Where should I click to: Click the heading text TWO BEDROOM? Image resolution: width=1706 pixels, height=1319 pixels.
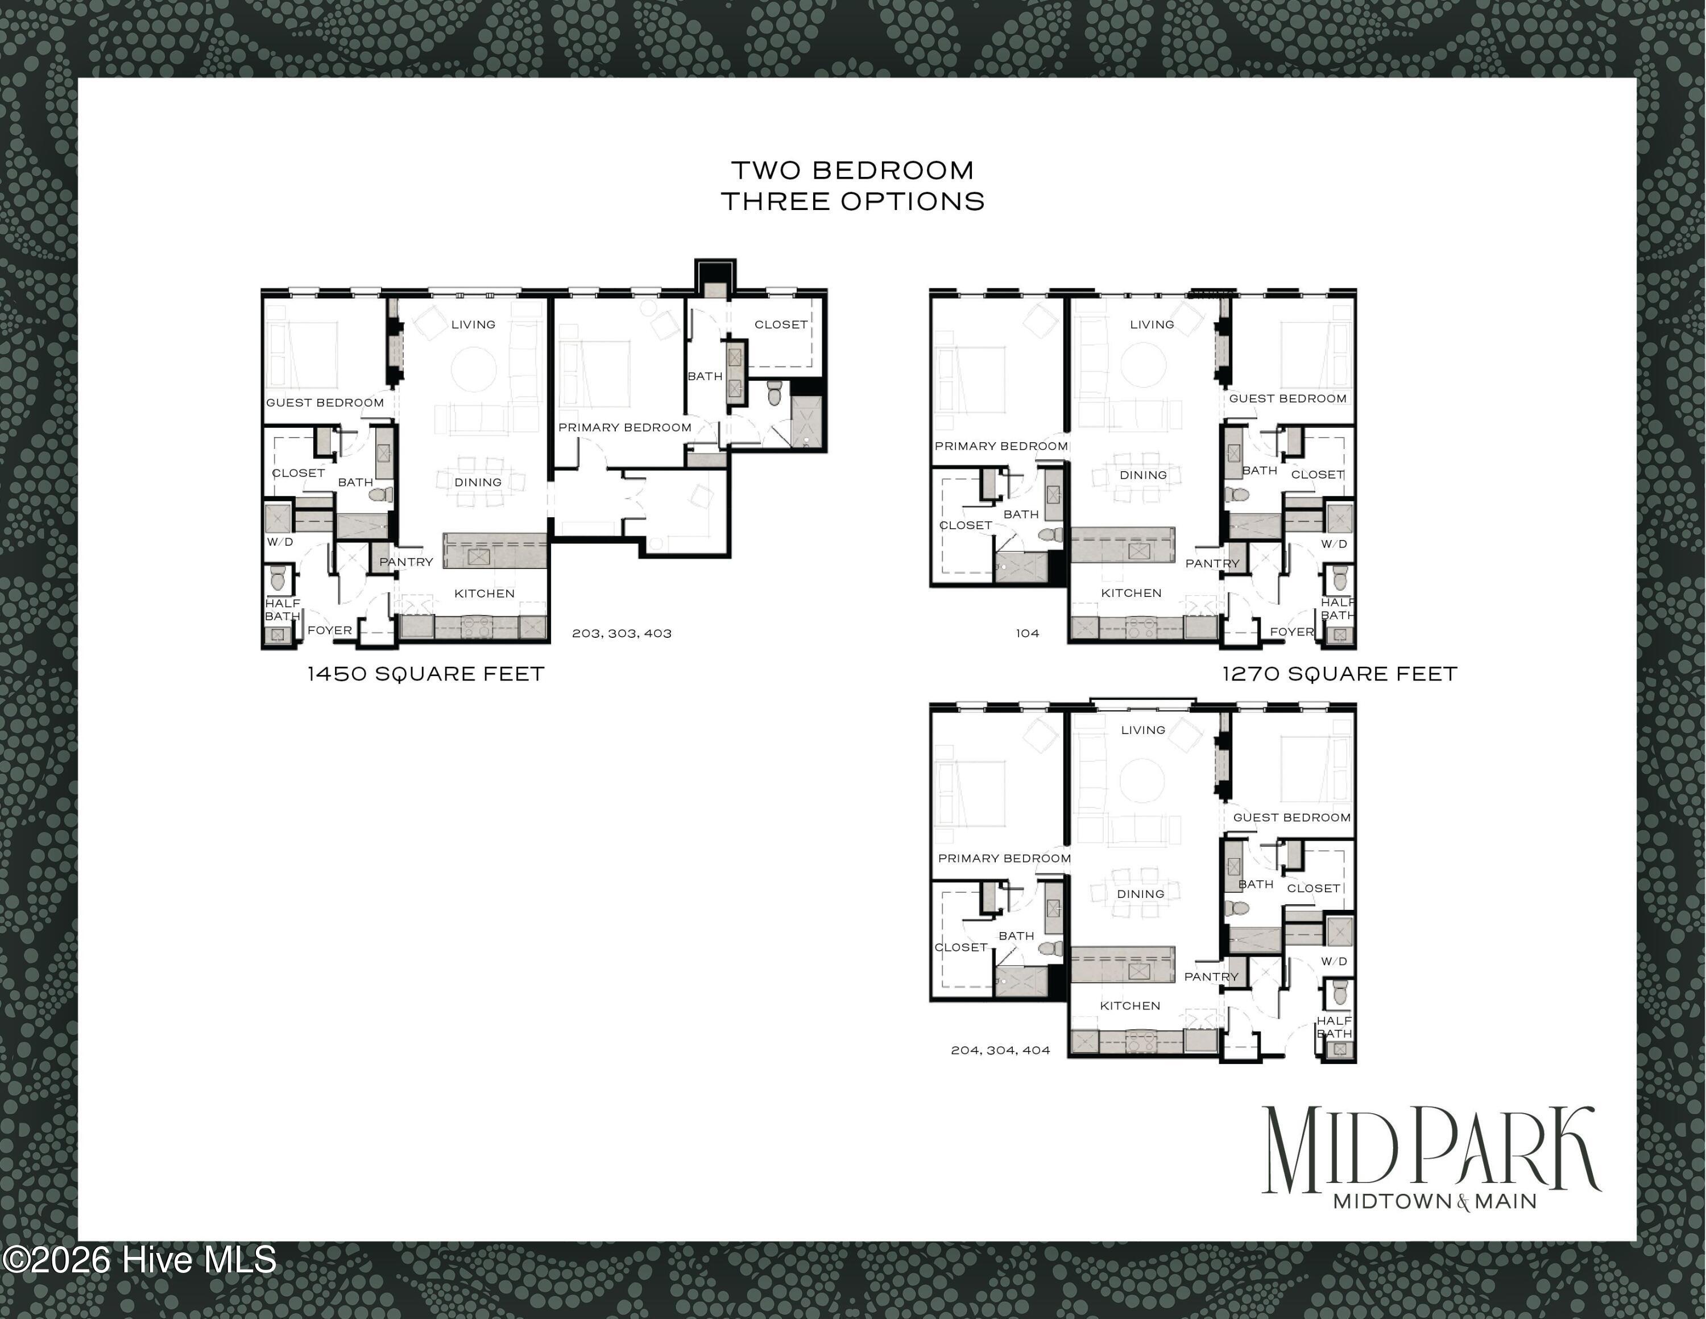[852, 170]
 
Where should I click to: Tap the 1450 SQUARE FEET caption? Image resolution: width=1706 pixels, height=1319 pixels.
[426, 674]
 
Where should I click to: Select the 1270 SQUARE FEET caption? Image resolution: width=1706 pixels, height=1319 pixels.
[1340, 674]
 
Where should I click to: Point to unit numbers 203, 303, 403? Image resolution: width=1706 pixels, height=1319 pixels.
[622, 633]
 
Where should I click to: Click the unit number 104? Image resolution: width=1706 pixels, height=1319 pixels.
[1027, 633]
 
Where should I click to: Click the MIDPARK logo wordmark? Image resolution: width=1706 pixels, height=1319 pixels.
[1431, 1149]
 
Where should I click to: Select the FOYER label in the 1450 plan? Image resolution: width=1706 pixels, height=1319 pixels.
[330, 630]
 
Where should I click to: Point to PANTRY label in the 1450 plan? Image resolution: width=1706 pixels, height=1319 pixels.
[406, 562]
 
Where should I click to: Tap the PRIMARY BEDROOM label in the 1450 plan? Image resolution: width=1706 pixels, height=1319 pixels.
[625, 427]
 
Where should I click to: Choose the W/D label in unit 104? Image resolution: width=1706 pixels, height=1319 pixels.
[1334, 544]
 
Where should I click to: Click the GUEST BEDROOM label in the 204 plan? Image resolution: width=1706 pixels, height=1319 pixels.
[1292, 817]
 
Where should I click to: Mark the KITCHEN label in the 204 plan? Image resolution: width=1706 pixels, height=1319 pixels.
[1131, 1005]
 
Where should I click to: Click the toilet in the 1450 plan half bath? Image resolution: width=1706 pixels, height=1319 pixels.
[278, 579]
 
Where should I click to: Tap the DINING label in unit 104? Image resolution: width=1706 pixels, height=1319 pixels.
[1144, 475]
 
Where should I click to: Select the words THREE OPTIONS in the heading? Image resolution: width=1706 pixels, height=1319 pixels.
[852, 201]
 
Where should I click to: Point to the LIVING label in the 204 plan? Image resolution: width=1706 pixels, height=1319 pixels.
[1143, 730]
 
